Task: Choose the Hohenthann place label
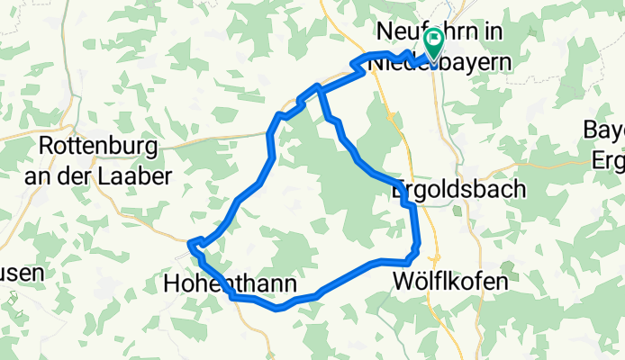[x=231, y=284]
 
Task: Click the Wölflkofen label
[x=450, y=281]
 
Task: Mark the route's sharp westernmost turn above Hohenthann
[x=191, y=242]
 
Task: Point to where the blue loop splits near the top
[x=317, y=87]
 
